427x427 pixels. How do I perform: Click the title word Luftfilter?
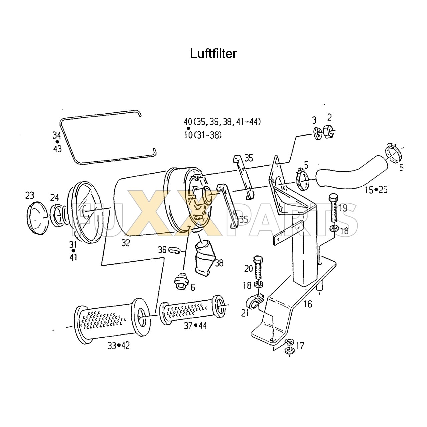[213, 53]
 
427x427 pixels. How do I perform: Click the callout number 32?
[125, 243]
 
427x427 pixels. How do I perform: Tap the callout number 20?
[249, 268]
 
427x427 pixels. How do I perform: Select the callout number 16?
[308, 304]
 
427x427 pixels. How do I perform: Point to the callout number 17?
[300, 346]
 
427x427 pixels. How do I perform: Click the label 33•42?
[118, 346]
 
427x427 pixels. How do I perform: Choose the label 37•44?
[195, 325]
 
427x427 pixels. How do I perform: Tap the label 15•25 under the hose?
[376, 190]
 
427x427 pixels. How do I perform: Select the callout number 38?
[219, 263]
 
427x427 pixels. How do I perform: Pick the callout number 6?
[192, 287]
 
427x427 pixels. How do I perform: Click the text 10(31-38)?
[202, 135]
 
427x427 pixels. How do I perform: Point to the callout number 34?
[57, 135]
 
